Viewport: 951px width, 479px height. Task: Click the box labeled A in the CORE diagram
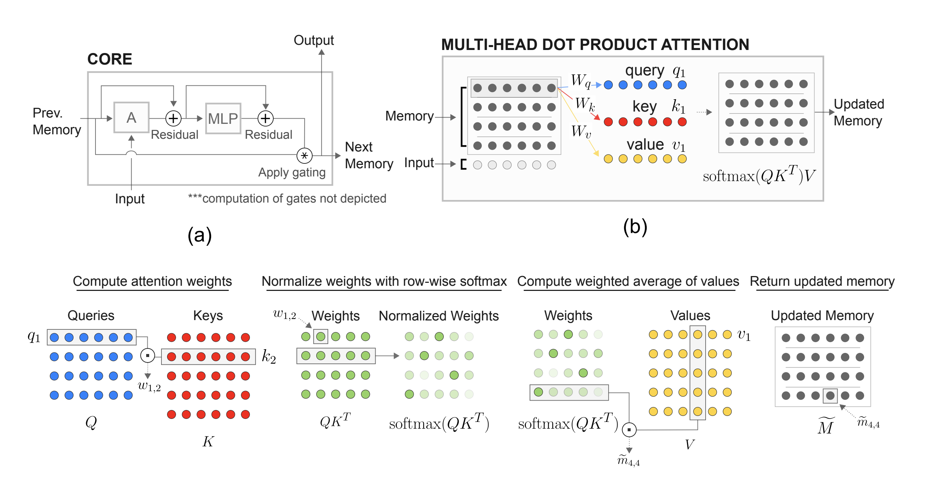(131, 118)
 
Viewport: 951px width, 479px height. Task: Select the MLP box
(223, 119)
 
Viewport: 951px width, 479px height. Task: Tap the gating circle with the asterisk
(304, 156)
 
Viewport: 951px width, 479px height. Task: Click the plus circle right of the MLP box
(266, 119)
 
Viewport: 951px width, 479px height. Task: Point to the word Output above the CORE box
(313, 40)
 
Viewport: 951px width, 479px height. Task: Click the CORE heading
(110, 59)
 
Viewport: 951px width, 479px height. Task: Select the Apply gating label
(292, 172)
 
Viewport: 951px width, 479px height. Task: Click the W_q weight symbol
(581, 81)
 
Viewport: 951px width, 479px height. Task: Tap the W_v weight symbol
(581, 131)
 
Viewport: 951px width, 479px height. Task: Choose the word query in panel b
(644, 71)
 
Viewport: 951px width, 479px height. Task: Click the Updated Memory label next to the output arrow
(859, 112)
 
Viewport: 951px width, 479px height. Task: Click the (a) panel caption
(200, 235)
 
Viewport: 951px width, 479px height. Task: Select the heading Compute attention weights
(152, 281)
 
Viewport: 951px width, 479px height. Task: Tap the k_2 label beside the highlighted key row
(269, 357)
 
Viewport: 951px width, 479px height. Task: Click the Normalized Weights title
(439, 316)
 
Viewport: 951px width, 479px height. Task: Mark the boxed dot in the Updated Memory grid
(830, 396)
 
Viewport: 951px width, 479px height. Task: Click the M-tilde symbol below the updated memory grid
(826, 426)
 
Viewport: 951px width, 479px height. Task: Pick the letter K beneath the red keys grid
(208, 441)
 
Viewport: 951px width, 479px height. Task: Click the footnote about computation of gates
(287, 198)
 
